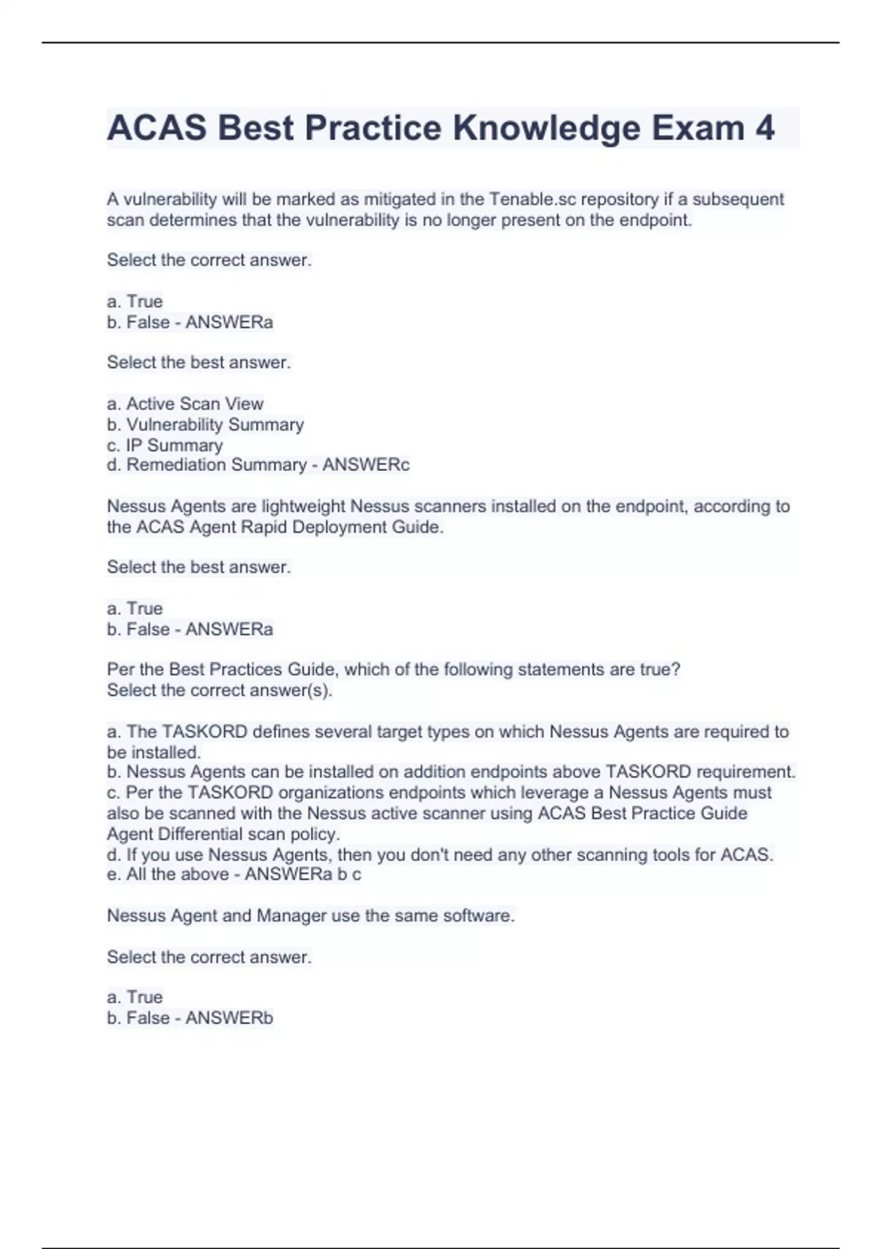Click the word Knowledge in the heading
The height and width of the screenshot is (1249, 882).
click(547, 129)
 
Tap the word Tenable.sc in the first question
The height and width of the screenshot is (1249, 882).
click(533, 199)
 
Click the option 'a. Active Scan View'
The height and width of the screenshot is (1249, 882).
click(185, 403)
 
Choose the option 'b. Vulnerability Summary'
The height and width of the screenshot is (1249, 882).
click(205, 424)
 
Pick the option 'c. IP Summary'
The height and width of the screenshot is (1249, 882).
click(165, 445)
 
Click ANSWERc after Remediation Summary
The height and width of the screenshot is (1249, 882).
click(366, 465)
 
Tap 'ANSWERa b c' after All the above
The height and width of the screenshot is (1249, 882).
click(303, 874)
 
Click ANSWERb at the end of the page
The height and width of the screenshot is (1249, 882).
click(229, 1018)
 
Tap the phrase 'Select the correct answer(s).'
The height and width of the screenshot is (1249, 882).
click(219, 690)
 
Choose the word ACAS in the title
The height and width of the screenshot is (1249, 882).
click(157, 129)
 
